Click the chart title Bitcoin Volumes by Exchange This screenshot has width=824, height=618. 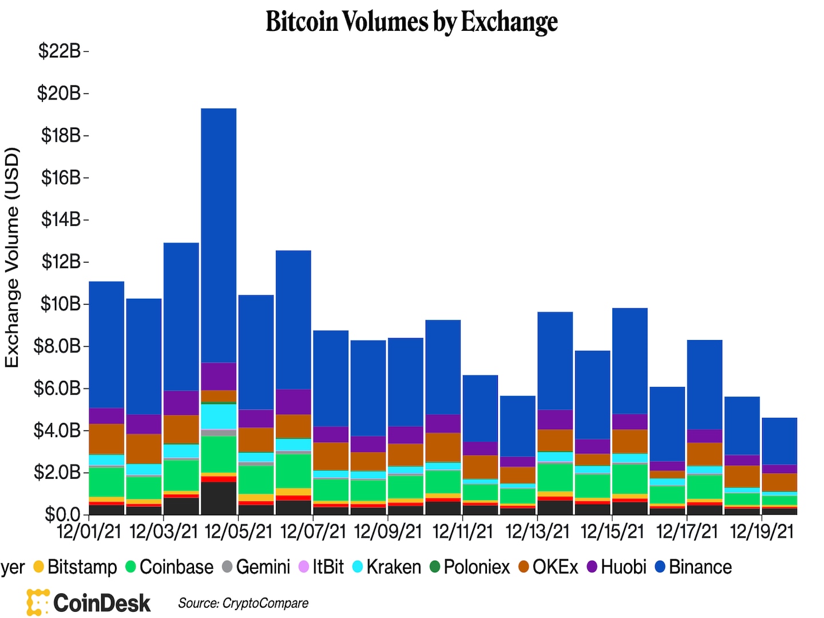[x=411, y=22]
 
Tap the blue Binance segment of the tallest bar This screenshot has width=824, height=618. [x=219, y=235]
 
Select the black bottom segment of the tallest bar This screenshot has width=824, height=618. [x=219, y=498]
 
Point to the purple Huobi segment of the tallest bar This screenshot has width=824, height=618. [x=219, y=376]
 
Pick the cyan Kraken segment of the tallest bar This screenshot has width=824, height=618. [x=219, y=416]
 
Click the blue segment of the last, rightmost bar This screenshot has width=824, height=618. [x=779, y=441]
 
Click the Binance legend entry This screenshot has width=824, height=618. [x=693, y=567]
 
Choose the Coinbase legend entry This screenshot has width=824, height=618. [x=169, y=567]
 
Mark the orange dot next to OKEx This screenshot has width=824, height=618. [x=524, y=567]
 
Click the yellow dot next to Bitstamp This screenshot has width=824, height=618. [x=39, y=567]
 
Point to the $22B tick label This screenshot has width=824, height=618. [x=60, y=51]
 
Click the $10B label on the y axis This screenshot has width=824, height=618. [x=60, y=304]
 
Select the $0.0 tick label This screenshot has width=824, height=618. [x=62, y=514]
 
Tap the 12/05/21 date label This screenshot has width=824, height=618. [x=238, y=532]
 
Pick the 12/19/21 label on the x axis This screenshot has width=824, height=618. [x=762, y=532]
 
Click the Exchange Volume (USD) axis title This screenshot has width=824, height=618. [x=12, y=257]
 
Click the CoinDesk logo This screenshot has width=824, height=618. [x=89, y=603]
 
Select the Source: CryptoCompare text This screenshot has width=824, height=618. [x=243, y=603]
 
